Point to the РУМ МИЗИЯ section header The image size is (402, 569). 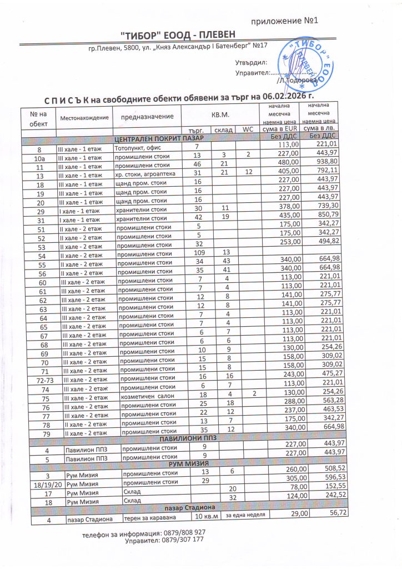(188, 463)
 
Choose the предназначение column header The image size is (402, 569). (147, 116)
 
